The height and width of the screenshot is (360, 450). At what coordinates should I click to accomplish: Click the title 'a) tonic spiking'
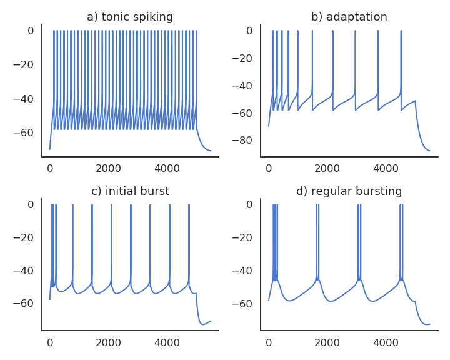130,17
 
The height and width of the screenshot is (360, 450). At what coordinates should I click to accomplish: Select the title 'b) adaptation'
349,17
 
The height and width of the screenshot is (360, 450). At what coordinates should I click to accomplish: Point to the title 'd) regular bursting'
349,191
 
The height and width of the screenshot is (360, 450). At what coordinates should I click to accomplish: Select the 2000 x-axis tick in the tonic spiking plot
108,168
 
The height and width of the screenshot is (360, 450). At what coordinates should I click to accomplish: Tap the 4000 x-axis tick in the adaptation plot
386,168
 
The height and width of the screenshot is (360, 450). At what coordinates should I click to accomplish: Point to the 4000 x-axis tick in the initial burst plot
167,342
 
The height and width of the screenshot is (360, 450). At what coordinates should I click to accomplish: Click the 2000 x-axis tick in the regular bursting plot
327,342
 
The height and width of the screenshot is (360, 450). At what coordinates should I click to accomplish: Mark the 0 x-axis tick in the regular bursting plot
269,342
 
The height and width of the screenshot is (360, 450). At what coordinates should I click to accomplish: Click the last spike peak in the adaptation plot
401,31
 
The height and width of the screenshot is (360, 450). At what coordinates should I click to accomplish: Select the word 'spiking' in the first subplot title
152,17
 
